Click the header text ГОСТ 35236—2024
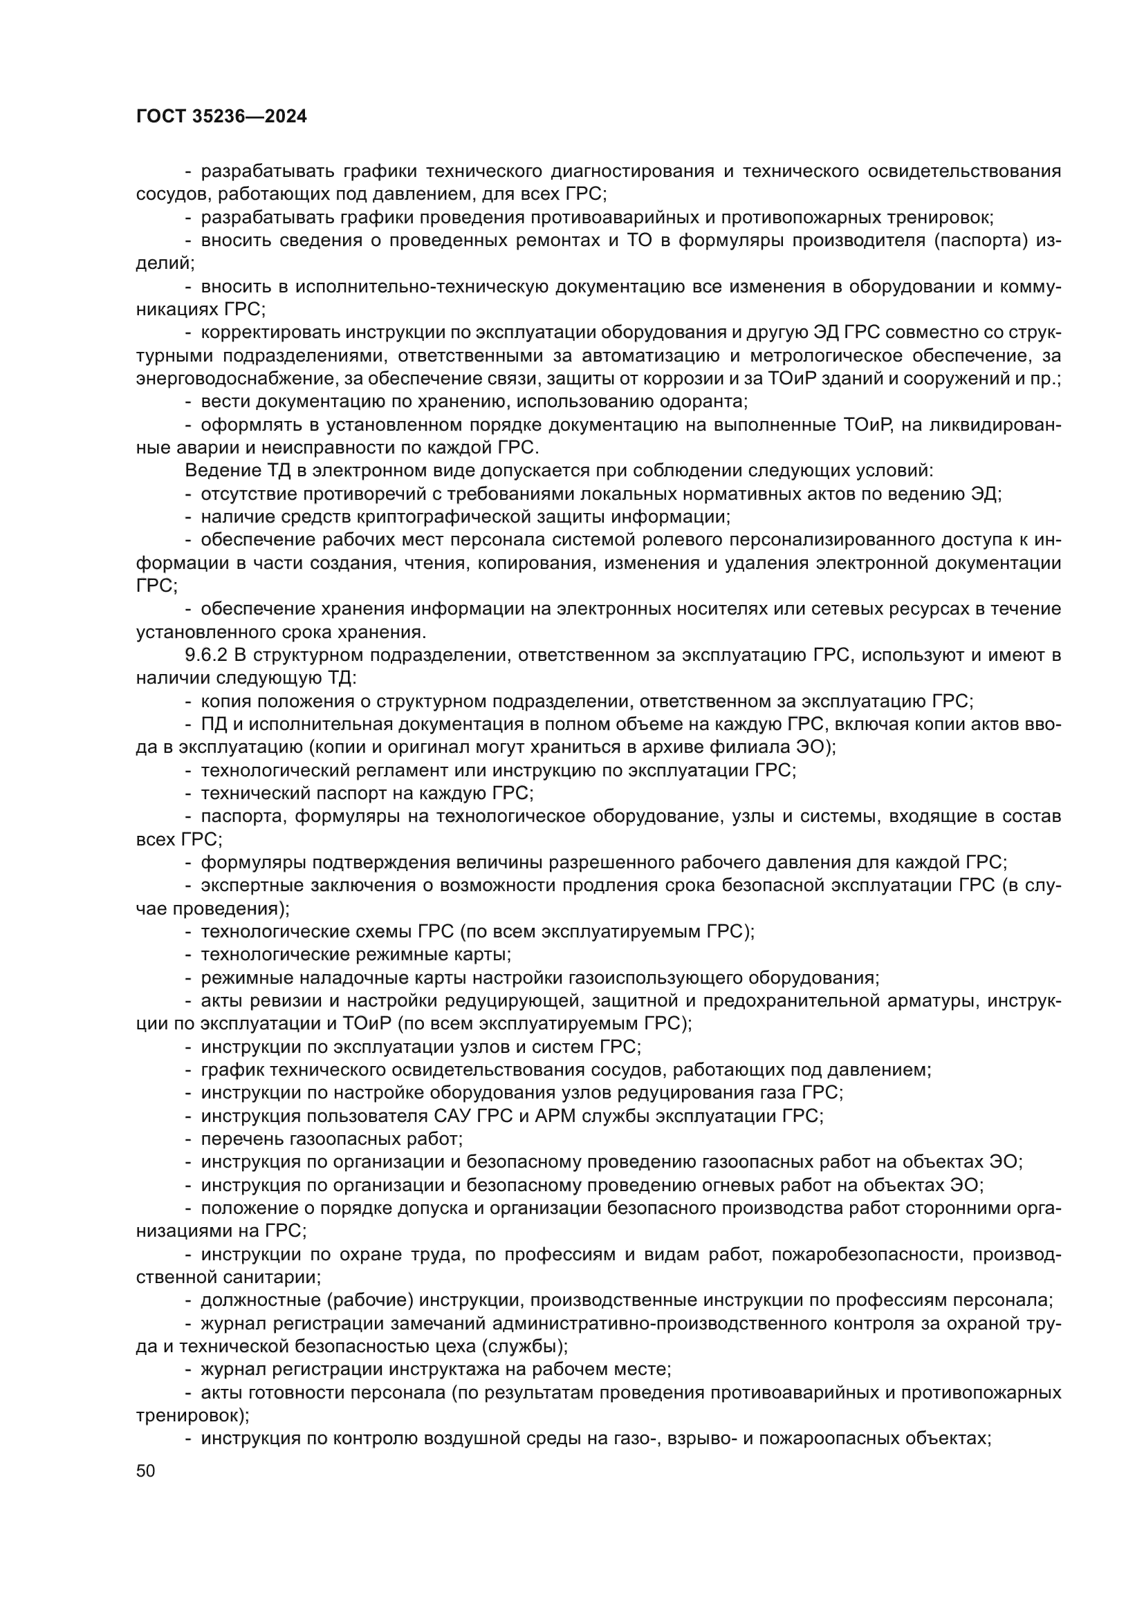221,117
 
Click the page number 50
146,1470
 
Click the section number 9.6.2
205,655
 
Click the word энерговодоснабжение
237,379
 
